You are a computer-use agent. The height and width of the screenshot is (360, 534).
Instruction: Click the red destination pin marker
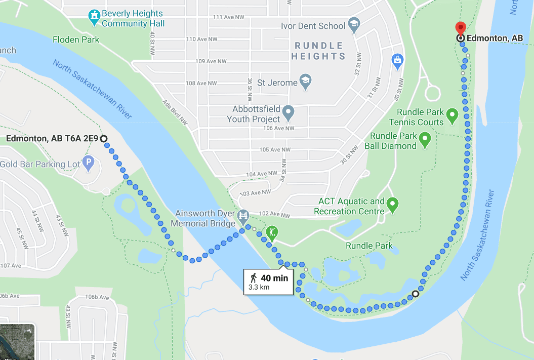460,28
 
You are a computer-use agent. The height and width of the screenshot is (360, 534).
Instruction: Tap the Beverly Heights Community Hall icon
94,18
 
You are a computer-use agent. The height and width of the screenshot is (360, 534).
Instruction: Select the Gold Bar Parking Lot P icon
89,164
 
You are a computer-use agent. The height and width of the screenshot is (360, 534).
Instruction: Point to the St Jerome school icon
305,81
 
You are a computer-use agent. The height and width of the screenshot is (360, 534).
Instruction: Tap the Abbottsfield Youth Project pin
288,112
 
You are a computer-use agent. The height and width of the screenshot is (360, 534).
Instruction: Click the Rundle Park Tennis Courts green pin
453,116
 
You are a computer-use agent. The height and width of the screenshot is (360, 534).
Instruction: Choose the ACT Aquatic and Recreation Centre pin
393,205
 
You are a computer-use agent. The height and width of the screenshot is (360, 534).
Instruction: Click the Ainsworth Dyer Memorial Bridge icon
243,218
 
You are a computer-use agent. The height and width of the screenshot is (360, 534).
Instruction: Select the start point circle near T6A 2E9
104,139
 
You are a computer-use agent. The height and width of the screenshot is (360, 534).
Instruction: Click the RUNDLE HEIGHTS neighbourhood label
318,51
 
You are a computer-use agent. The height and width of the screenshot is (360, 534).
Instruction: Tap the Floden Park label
76,39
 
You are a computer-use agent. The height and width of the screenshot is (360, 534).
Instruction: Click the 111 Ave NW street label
228,17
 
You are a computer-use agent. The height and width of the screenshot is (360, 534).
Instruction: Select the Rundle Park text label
369,246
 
